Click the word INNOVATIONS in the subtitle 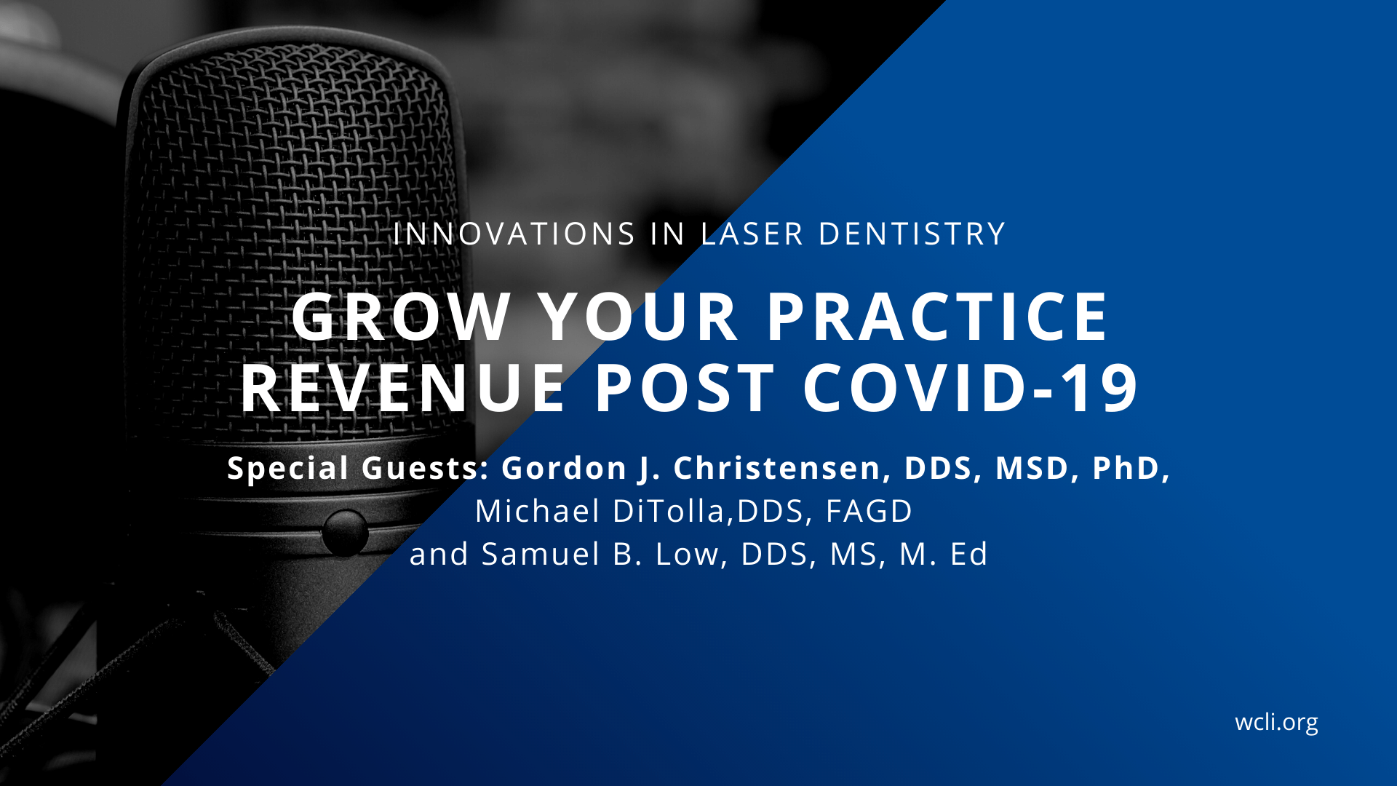(x=514, y=234)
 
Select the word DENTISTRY (x=912, y=234)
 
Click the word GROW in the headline (x=401, y=317)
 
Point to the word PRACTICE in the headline (x=938, y=317)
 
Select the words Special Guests (x=358, y=468)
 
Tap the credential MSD (x=1033, y=468)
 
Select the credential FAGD (x=869, y=511)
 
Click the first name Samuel (x=541, y=555)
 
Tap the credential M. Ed (x=944, y=555)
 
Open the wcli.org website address (x=1276, y=722)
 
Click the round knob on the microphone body (x=345, y=533)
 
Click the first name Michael (x=538, y=511)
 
